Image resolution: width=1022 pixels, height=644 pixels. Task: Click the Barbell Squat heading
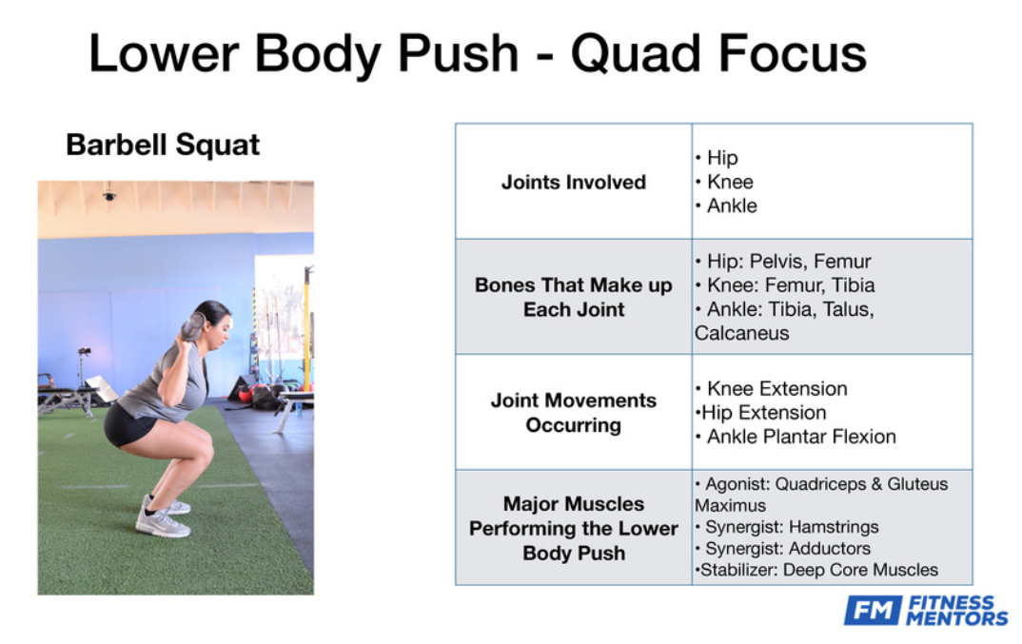[163, 146]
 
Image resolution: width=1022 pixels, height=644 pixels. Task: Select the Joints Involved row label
[574, 182]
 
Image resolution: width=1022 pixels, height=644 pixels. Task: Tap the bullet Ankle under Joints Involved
[726, 206]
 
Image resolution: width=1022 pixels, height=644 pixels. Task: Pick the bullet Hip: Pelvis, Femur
[783, 262]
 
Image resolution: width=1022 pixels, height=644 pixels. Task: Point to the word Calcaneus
[741, 333]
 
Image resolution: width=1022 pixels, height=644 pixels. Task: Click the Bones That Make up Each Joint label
[574, 297]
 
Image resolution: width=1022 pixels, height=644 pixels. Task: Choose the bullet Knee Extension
[771, 388]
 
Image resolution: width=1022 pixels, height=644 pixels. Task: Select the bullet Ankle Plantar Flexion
[796, 437]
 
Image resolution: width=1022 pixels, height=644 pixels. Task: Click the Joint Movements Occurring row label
[574, 412]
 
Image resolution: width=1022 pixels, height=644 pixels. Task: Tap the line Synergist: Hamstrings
[787, 527]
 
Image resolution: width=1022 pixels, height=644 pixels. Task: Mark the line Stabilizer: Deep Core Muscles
[816, 570]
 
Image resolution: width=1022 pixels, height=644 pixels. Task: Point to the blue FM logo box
[874, 610]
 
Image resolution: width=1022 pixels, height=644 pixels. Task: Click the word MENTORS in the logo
[957, 618]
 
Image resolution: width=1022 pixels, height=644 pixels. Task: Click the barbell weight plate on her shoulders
[192, 326]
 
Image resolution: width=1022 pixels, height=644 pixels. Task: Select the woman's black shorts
[131, 425]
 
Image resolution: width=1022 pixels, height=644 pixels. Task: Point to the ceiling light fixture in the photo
[109, 194]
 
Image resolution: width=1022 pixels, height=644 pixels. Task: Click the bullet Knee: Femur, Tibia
[785, 285]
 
